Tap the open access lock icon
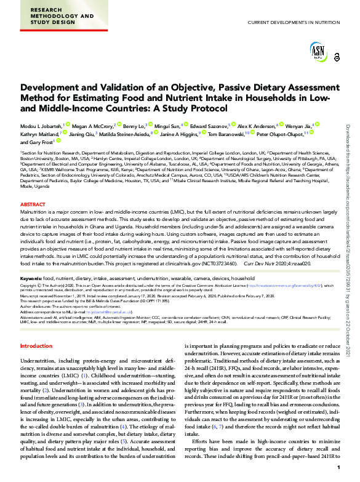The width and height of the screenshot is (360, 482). [x=336, y=57]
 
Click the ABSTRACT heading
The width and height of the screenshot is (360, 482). [x=33, y=204]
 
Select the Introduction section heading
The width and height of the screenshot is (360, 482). [x=37, y=346]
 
